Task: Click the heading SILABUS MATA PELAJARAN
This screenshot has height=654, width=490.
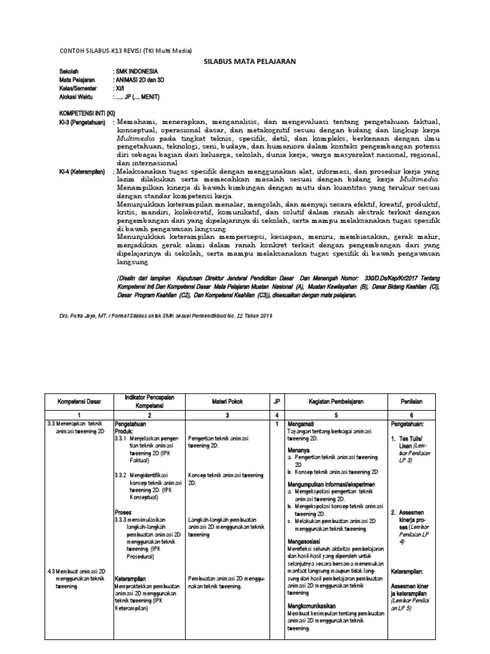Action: (x=244, y=62)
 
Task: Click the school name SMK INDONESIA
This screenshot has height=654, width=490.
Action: (x=136, y=72)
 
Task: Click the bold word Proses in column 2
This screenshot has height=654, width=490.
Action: (x=124, y=512)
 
